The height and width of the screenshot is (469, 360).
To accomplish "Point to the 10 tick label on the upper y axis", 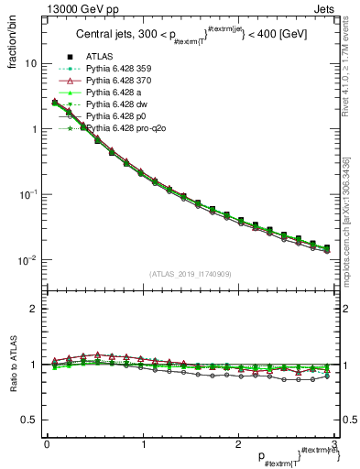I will click(x=30, y=64).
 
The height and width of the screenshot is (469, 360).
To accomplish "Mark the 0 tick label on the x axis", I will click(x=46, y=443).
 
